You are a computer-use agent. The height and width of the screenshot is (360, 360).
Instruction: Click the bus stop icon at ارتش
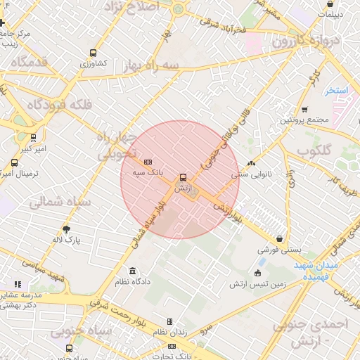tap(183, 178)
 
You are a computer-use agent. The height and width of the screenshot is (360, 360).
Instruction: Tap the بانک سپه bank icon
tap(148, 162)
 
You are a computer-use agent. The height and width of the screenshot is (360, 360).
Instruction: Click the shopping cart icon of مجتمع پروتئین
tap(304, 109)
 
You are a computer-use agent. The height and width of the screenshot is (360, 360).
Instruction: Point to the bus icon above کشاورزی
tap(94, 53)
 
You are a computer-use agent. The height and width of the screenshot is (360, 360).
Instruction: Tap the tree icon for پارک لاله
tap(67, 229)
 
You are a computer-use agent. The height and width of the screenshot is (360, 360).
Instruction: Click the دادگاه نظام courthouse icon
tap(132, 271)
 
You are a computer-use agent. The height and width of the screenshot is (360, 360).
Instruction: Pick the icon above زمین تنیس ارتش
tap(257, 274)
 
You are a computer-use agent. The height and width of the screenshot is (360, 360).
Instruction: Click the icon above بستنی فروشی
tap(280, 239)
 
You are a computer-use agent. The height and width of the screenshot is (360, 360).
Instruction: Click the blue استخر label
tap(337, 91)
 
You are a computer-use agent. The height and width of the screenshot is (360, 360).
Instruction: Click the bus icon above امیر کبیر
tap(33, 139)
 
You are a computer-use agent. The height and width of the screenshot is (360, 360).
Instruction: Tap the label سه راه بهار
tap(149, 65)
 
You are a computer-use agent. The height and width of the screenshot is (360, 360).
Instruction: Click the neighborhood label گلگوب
tap(318, 150)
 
